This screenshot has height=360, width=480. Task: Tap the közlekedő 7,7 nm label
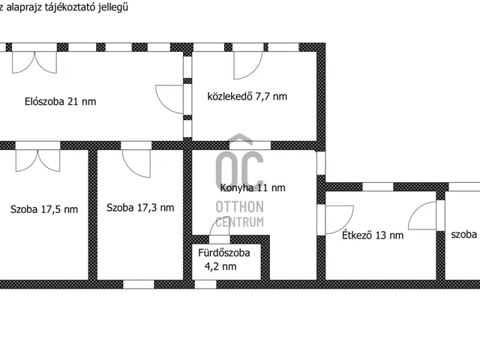[247, 96]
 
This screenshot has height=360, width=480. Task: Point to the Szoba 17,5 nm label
[44, 209]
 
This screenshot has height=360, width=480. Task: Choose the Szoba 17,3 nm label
[140, 208]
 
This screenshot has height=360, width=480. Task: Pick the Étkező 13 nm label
[373, 235]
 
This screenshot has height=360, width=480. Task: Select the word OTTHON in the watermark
[239, 207]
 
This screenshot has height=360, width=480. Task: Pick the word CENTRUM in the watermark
[239, 222]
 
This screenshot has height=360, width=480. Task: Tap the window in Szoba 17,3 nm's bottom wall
[139, 283]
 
